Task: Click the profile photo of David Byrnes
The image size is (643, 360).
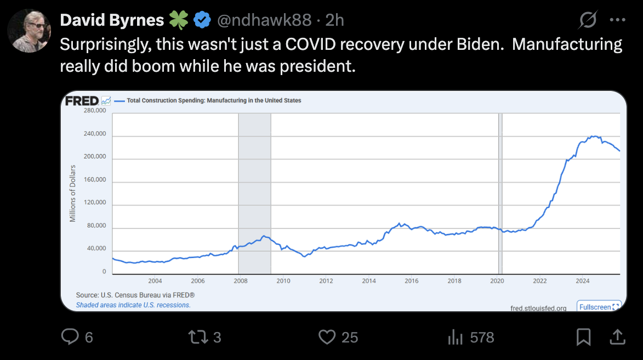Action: click(x=29, y=31)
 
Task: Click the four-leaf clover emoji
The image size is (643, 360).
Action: click(x=178, y=21)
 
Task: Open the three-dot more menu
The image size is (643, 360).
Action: click(x=617, y=20)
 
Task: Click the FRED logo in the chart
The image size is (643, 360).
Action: click(x=82, y=101)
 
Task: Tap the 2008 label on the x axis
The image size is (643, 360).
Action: click(x=240, y=281)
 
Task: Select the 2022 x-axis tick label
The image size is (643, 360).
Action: click(x=539, y=281)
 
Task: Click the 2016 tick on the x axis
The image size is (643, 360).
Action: click(x=411, y=281)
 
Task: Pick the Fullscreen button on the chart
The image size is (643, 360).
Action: click(x=599, y=307)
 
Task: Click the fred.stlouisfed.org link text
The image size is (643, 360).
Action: click(x=538, y=308)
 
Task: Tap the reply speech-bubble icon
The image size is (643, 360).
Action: click(x=70, y=336)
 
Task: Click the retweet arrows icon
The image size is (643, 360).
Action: click(x=197, y=336)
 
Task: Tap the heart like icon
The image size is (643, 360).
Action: click(x=327, y=336)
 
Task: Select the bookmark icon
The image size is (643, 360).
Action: click(x=584, y=336)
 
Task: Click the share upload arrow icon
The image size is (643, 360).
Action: click(x=617, y=336)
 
